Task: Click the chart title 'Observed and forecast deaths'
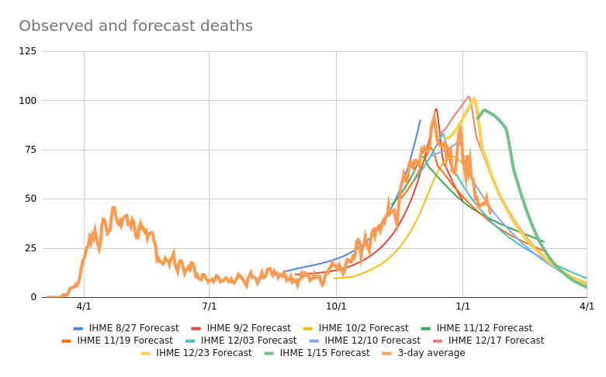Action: [x=136, y=26]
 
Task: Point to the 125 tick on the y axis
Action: [x=27, y=51]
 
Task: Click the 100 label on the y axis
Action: [x=27, y=101]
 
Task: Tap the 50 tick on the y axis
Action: [x=30, y=199]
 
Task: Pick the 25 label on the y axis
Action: [x=30, y=248]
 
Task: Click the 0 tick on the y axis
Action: [x=33, y=297]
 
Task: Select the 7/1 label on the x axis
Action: [x=210, y=306]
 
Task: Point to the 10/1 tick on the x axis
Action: [x=336, y=306]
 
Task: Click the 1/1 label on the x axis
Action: [x=462, y=306]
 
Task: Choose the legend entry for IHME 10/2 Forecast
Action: [x=363, y=328]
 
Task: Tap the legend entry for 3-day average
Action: [x=427, y=353]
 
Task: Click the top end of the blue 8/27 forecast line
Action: [x=421, y=120]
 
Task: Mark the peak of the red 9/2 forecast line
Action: [x=436, y=109]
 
